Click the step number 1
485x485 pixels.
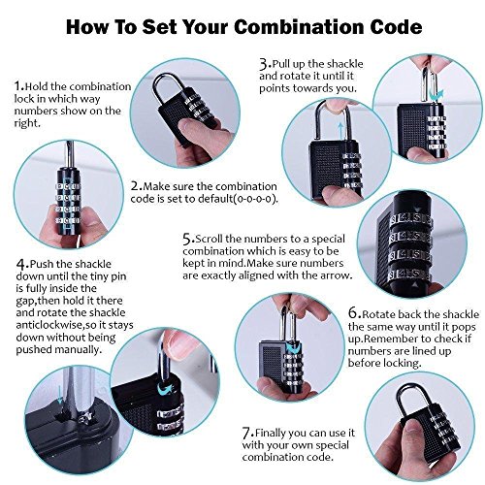[18, 86]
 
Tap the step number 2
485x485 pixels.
[135, 186]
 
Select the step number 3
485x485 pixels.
[264, 63]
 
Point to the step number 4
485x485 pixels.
[20, 265]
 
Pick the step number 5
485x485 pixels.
[187, 240]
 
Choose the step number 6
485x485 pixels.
[353, 314]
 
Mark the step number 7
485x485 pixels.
[246, 433]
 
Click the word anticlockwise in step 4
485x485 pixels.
[48, 325]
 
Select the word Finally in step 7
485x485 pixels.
[271, 433]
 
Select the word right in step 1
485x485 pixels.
[26, 123]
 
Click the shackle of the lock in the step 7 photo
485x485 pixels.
[414, 395]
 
